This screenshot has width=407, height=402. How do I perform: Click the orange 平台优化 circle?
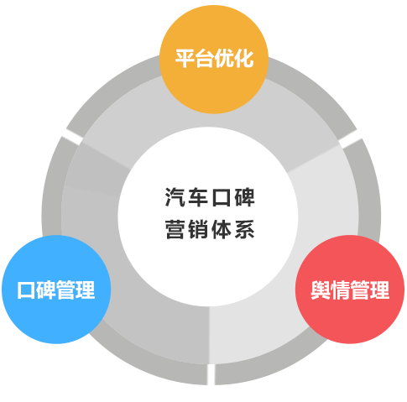pos(214,60)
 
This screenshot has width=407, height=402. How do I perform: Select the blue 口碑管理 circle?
pos(56,290)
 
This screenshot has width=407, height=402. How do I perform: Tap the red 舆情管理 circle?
pos(350,290)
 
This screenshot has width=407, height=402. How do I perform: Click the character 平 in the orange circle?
pos(185,59)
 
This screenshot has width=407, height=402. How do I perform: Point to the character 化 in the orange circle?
pos(244,59)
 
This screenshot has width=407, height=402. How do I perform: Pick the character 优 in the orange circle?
pos(224,59)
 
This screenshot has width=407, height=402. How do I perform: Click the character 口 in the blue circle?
pos(26,290)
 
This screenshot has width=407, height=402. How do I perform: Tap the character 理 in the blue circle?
pos(86,290)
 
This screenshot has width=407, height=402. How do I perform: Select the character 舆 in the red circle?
pos(321,290)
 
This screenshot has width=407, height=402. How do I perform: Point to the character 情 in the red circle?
pos(340,290)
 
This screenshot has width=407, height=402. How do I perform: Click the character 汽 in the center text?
pos(175,197)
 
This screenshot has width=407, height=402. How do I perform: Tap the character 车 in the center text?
pos(198,197)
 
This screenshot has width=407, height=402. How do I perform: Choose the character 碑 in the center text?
pos(244,197)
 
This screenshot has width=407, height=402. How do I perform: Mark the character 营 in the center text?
pos(175,229)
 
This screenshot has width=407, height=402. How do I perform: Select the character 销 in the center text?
pos(198,229)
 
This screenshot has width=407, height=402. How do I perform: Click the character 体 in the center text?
pos(222,229)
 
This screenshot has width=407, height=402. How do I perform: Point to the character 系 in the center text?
pos(244,229)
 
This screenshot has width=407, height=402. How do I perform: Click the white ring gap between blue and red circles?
pos(211,374)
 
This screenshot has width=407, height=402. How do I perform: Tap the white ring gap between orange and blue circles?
pos(72,137)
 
